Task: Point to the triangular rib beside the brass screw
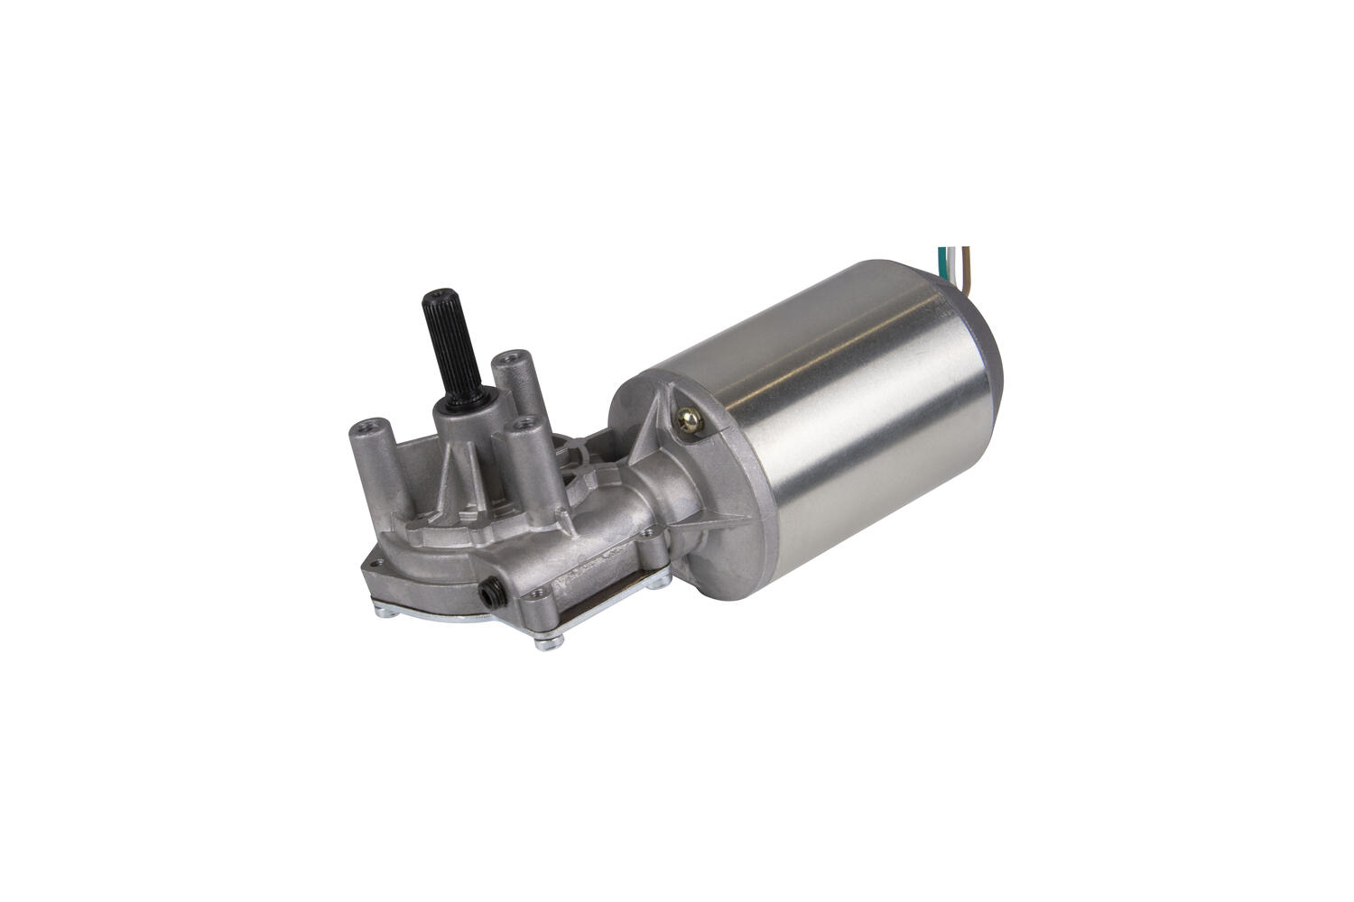[659, 424]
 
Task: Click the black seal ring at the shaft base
[448, 400]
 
